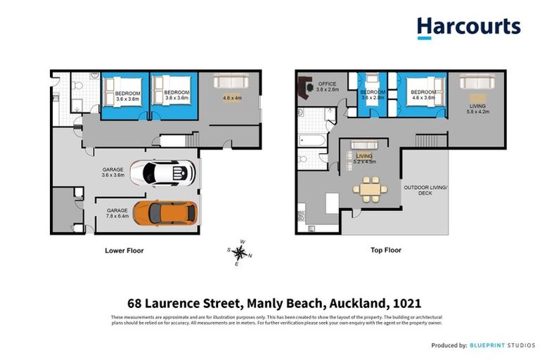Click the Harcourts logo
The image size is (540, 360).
(x=468, y=27)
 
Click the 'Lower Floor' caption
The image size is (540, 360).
(x=125, y=250)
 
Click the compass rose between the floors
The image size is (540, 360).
(x=239, y=254)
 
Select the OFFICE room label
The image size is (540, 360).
(x=327, y=84)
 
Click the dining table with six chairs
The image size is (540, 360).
(x=370, y=188)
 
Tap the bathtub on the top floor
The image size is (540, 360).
(x=312, y=140)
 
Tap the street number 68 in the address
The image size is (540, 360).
(x=135, y=304)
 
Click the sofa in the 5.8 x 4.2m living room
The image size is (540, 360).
(x=477, y=82)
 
